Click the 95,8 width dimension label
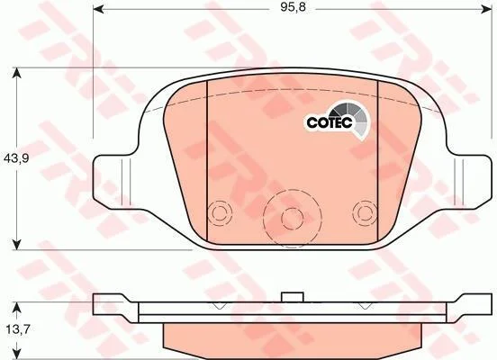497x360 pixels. [293, 7]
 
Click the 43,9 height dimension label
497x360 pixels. [16, 158]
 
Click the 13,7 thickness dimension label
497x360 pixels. [18, 329]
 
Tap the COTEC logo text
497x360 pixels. [330, 122]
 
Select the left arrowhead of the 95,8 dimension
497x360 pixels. [99, 10]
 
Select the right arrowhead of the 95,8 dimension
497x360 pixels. [487, 10]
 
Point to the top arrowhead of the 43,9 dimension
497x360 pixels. [16, 73]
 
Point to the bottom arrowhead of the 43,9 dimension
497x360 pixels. [16, 245]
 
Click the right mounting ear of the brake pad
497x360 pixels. [468, 182]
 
